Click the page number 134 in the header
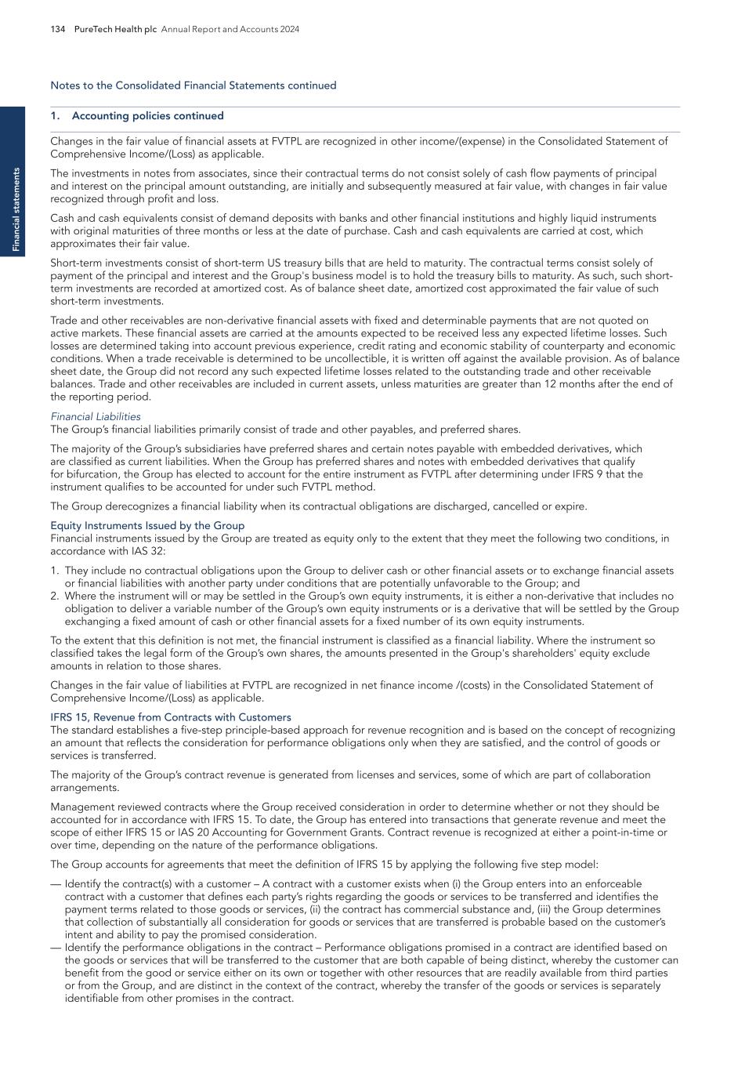pyautogui.click(x=58, y=29)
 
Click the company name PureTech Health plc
pyautogui.click(x=116, y=29)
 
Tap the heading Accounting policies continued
pyautogui.click(x=147, y=116)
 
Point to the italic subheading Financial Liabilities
pyautogui.click(x=96, y=417)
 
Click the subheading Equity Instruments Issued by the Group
pyautogui.click(x=147, y=525)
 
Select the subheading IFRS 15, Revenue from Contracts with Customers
pyautogui.click(x=171, y=717)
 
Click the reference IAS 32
pyautogui.click(x=150, y=551)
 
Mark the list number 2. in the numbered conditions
pyautogui.click(x=55, y=596)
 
